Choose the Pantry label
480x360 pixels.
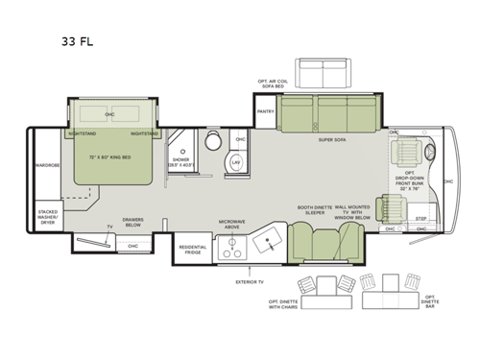[x=266, y=111]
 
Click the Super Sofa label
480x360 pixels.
[x=332, y=139]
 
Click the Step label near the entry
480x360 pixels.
[x=420, y=218]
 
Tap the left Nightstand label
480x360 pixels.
[x=83, y=134]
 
